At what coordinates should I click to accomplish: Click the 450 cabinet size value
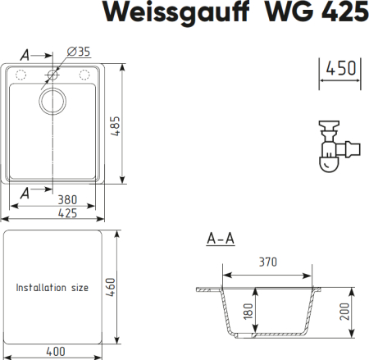[340, 68]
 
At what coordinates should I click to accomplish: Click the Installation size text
[52, 288]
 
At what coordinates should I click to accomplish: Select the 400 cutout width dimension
[56, 352]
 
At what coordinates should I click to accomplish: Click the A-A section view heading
[220, 239]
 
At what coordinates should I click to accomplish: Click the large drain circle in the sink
[54, 104]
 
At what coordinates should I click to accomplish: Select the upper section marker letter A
[25, 55]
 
